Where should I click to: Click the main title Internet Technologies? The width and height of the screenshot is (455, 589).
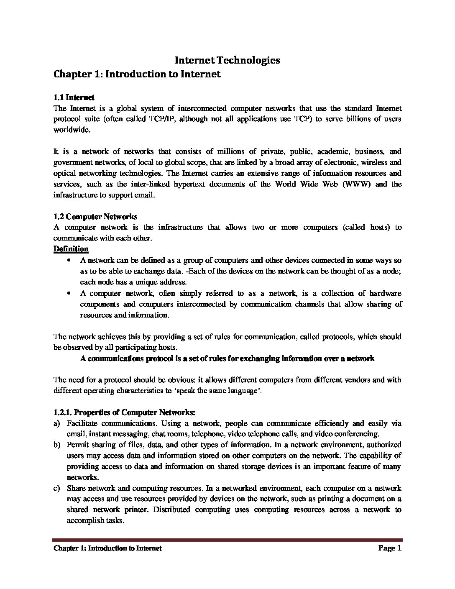227,60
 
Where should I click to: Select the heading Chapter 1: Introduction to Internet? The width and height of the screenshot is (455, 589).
137,74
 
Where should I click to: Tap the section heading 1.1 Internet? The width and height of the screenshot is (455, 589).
74,97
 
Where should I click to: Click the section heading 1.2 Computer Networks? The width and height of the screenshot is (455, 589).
95,216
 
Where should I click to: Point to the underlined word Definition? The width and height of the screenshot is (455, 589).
71,249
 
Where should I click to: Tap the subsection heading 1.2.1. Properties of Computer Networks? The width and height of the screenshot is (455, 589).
124,412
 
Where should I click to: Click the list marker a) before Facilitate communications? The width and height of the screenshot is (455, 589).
56,423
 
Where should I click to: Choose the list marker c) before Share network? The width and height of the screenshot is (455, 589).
56,488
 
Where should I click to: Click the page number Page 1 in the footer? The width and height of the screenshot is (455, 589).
390,548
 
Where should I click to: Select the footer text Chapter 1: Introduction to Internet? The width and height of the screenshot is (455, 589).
107,548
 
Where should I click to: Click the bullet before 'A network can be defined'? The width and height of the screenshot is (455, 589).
69,261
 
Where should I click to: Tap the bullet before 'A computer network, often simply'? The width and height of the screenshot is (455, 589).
69,293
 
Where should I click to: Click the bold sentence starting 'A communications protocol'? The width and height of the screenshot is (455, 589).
227,359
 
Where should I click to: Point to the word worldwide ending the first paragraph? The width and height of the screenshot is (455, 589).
71,130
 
